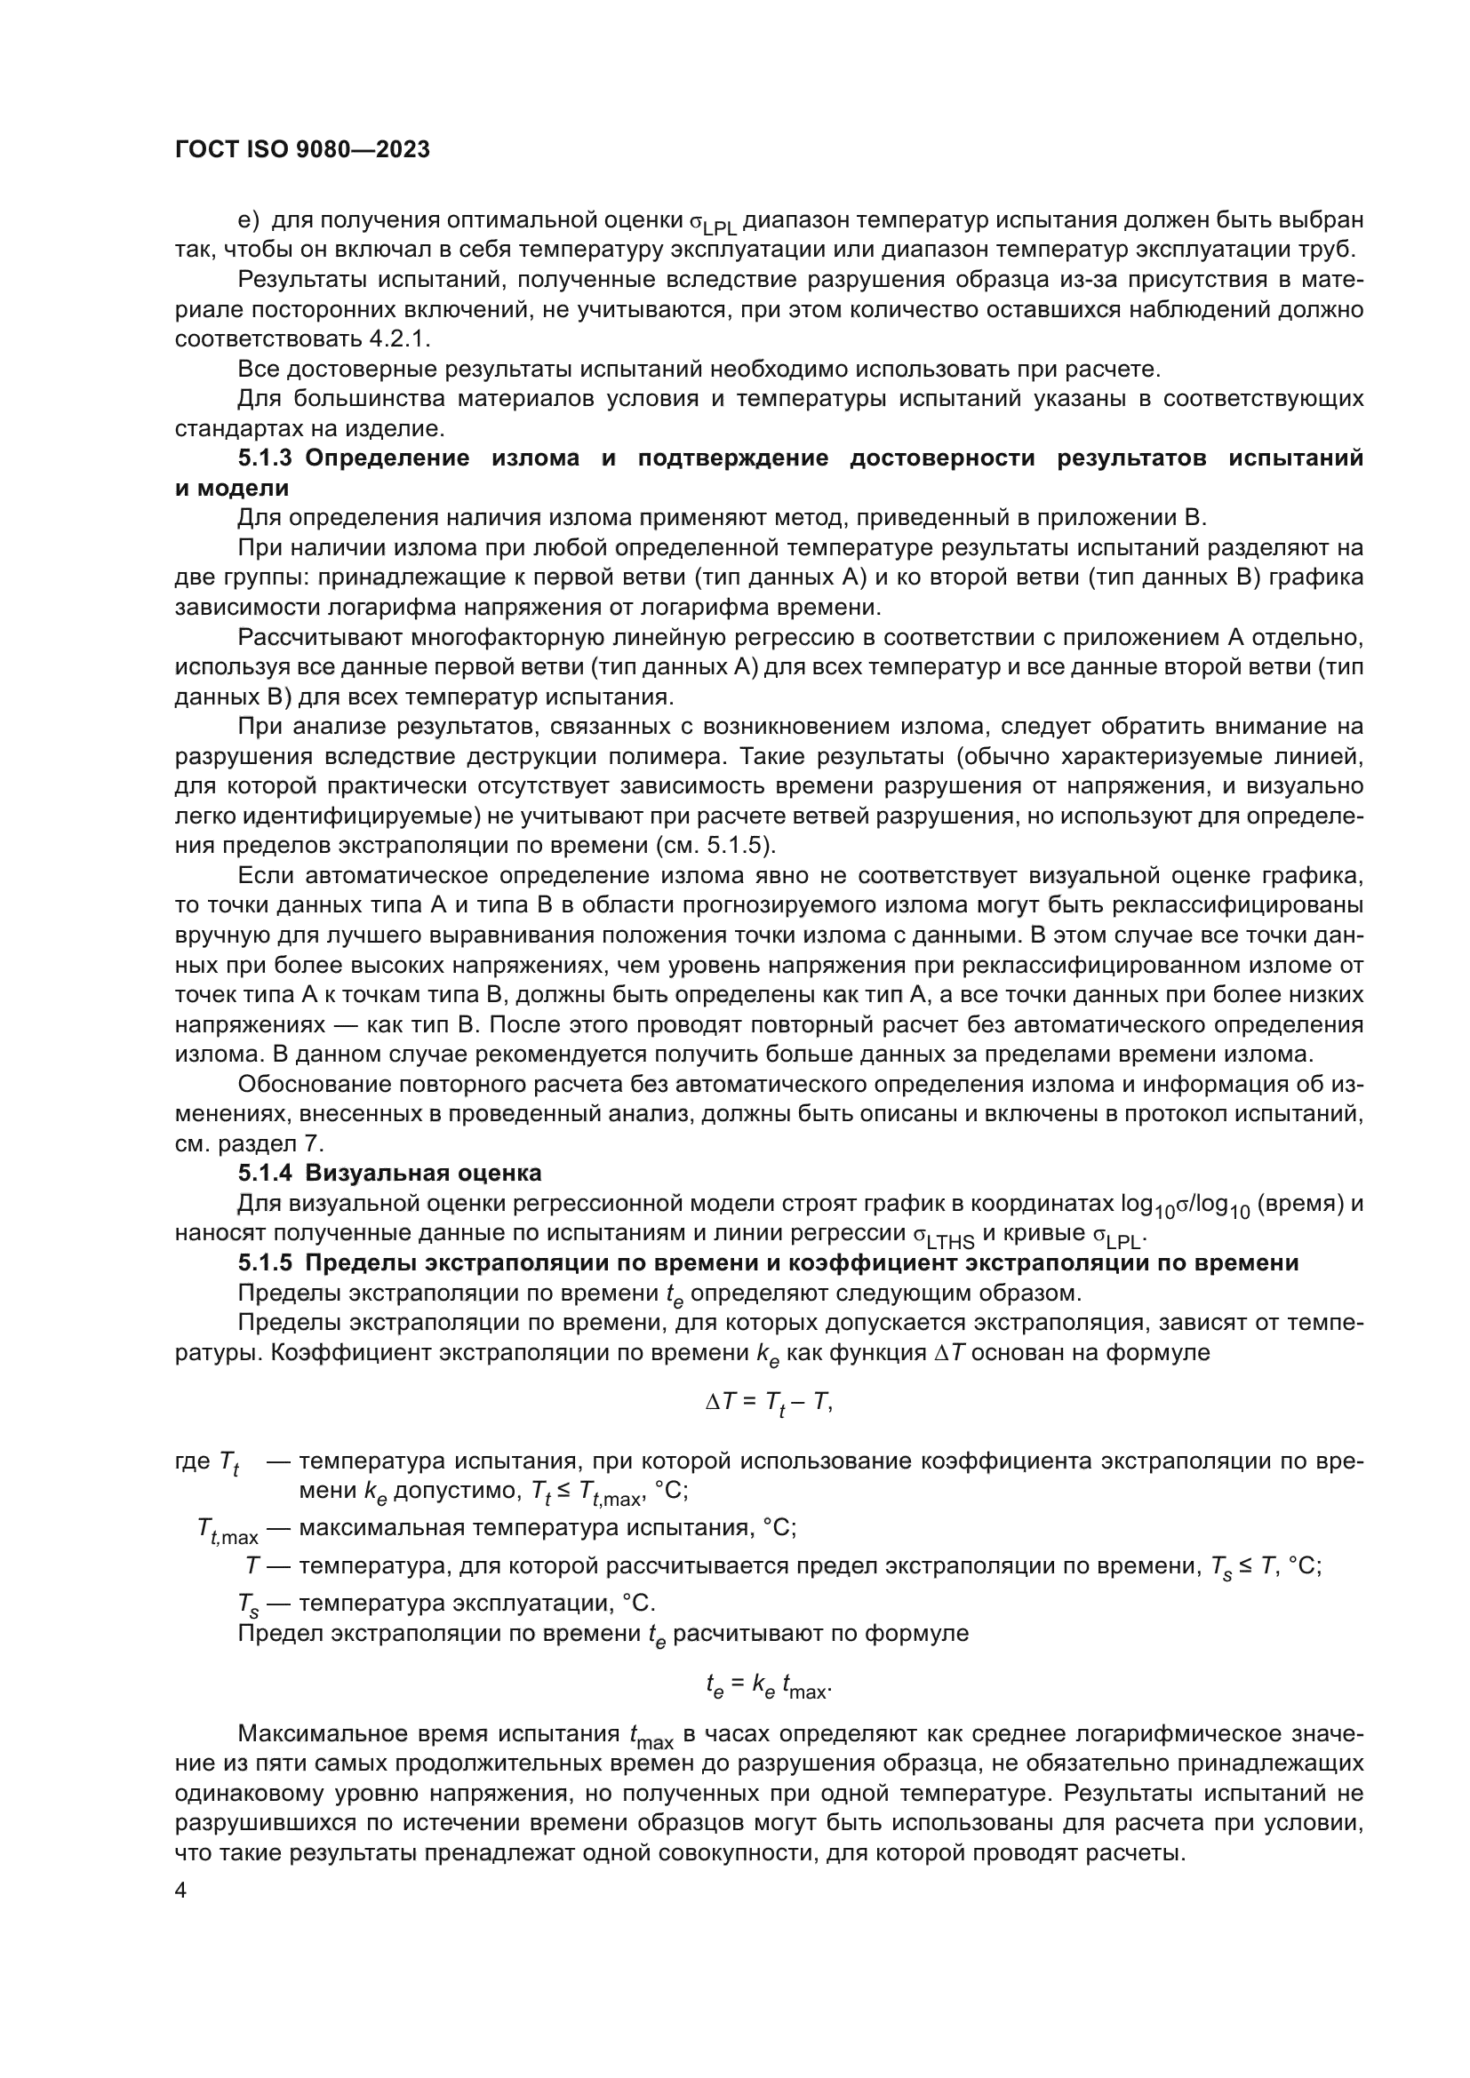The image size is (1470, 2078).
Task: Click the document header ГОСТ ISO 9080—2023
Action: (302, 150)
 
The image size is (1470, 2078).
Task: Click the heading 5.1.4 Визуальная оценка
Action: (390, 1173)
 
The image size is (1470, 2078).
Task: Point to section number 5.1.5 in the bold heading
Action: (265, 1262)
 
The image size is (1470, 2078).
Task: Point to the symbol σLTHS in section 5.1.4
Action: (943, 1236)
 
